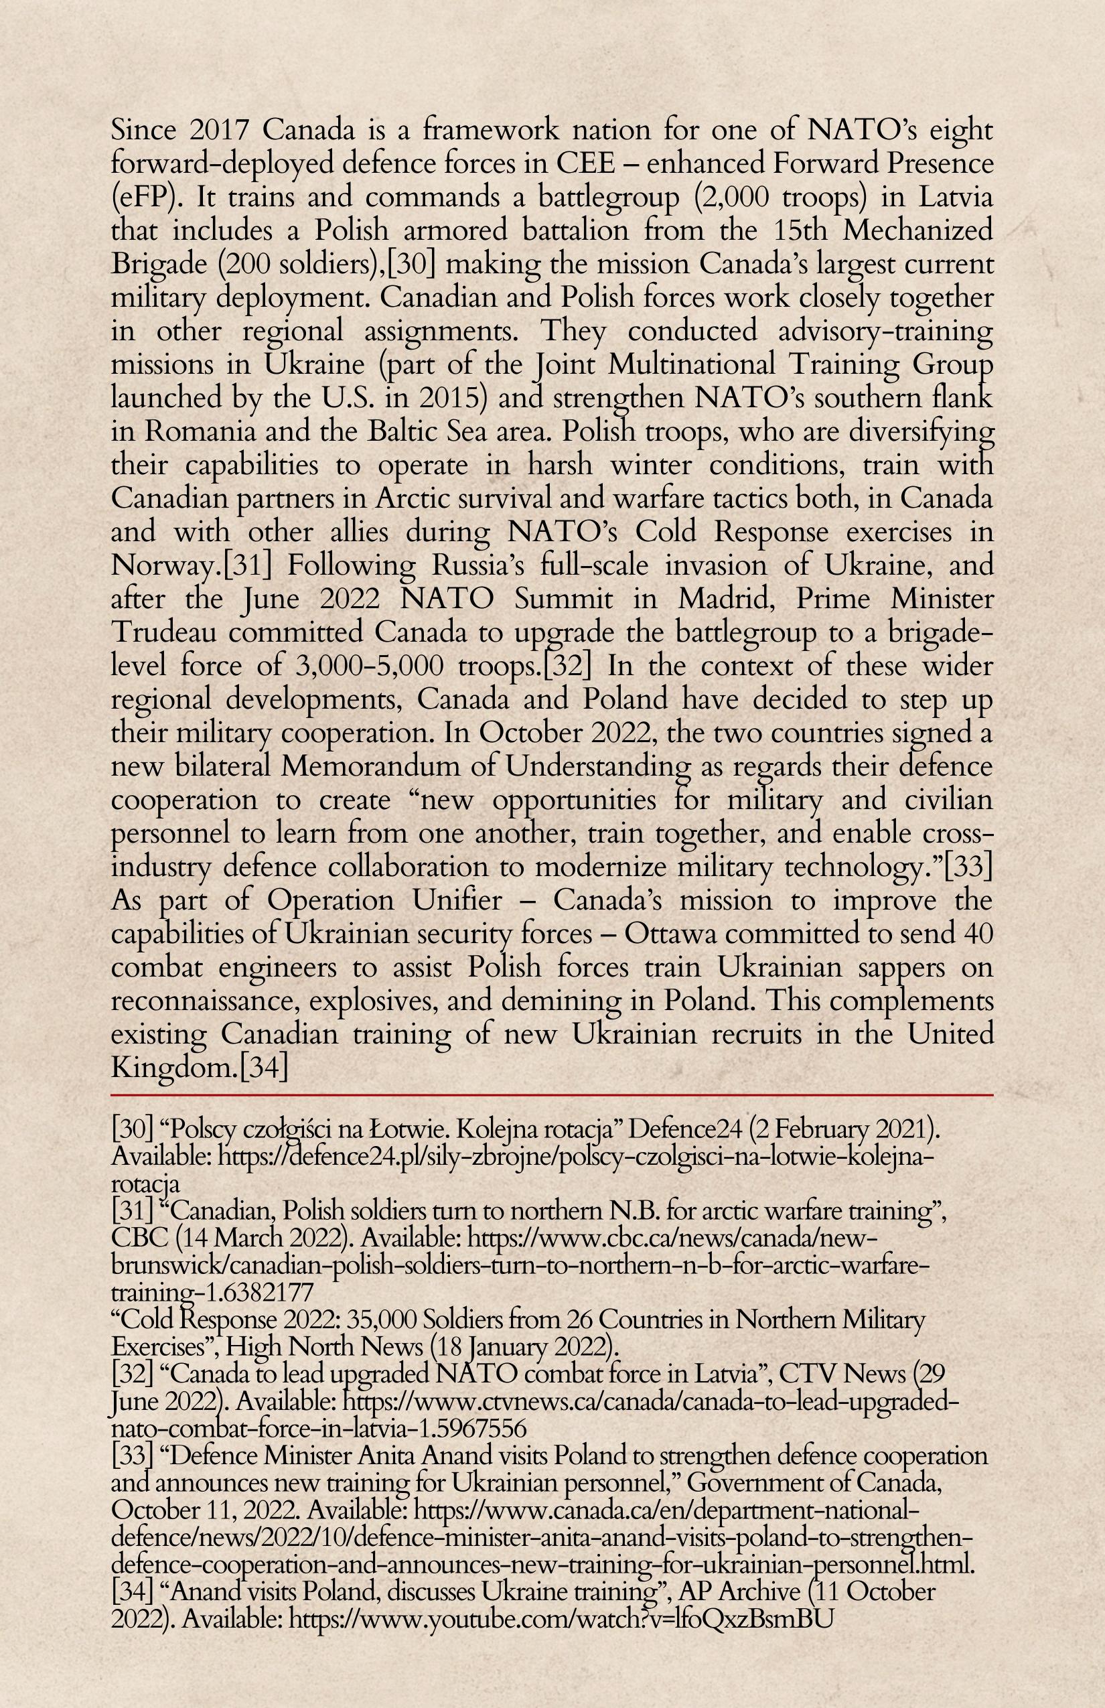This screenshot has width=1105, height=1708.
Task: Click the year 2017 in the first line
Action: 220,131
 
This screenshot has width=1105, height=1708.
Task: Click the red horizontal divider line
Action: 552,1096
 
